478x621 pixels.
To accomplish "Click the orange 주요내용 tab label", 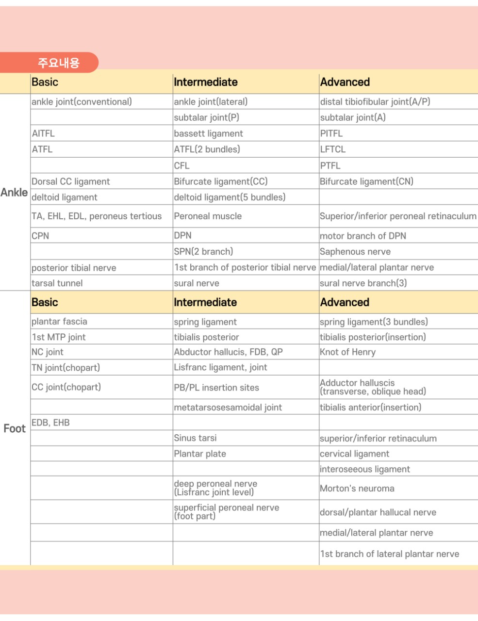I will tap(58, 63).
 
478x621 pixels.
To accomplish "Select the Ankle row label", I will tap(14, 193).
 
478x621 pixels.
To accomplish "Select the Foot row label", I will tap(15, 428).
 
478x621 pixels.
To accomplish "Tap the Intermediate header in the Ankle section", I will tap(206, 82).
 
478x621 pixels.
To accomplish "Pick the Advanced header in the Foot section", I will tap(345, 302).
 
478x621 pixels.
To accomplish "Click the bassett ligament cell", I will tap(208, 133).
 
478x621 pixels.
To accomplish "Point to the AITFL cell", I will tap(43, 133).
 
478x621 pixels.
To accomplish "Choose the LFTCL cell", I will tap(333, 149).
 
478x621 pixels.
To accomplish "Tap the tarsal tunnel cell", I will tap(57, 283).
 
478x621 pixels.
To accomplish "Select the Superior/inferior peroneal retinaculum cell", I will tap(398, 216).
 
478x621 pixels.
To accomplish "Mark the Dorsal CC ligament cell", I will tap(71, 181).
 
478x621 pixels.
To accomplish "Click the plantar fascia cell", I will tap(59, 322).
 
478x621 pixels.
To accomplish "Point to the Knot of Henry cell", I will tap(347, 352).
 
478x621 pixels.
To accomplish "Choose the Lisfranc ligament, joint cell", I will tap(220, 368).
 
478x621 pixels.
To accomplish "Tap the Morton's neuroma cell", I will tap(357, 489).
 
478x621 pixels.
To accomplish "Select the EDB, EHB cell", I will tap(50, 423).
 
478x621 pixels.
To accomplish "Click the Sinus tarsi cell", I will tap(195, 438).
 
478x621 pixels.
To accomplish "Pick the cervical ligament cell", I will tap(354, 454).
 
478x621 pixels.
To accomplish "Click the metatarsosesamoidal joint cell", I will tap(228, 408).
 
